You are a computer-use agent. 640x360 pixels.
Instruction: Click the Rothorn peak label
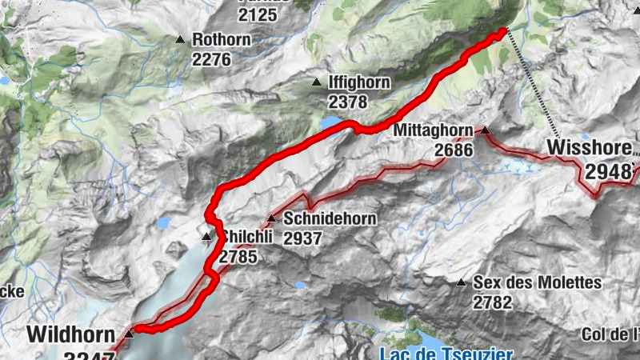222,39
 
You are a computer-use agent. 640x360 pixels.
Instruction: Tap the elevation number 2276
211,59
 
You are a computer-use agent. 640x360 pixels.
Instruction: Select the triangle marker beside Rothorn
180,38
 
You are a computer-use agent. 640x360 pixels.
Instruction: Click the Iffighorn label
358,82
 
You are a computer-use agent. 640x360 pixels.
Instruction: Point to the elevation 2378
347,102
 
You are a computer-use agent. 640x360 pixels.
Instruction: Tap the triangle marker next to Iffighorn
317,82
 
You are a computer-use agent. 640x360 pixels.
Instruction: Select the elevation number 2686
454,150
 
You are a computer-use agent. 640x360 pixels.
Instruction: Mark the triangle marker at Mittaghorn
484,129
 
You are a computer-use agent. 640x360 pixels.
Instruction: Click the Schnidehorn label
318,218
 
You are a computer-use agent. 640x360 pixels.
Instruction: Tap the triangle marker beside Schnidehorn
271,218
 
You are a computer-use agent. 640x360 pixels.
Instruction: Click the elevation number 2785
238,257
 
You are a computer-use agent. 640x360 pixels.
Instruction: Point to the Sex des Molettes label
537,282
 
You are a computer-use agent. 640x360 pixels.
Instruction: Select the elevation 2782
492,302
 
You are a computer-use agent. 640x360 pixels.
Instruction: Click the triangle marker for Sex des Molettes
461,282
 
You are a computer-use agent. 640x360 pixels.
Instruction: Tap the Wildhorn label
66,333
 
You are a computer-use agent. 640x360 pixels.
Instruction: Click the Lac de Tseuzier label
445,353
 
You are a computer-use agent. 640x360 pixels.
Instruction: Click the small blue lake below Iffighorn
330,122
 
